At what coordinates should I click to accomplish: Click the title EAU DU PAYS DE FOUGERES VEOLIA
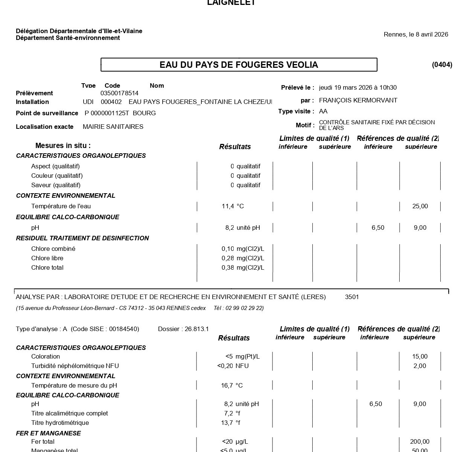coord(239,65)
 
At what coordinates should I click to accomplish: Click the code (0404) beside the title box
coord(442,65)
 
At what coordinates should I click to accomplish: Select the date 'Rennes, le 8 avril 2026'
coord(416,35)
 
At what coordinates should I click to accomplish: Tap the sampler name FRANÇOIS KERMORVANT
coord(358,101)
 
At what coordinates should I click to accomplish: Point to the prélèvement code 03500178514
coord(119,93)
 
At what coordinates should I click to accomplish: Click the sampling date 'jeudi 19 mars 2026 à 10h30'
coord(357,88)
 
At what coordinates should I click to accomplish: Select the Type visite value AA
coord(323,111)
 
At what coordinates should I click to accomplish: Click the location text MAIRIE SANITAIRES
coord(113,127)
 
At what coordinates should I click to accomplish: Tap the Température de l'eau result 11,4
coord(228,206)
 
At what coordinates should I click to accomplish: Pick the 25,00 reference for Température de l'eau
coord(420,206)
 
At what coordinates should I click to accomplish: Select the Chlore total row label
coord(47,268)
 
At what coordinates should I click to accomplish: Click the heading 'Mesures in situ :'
coord(63,146)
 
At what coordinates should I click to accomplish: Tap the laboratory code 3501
coord(352,297)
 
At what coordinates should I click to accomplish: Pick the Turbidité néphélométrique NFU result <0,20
coord(225,366)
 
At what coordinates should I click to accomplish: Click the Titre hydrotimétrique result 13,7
coord(227,423)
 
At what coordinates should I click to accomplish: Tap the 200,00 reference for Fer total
coord(420,442)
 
